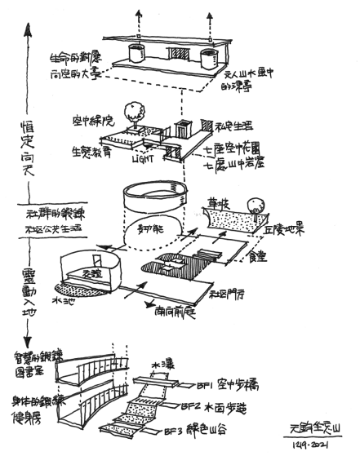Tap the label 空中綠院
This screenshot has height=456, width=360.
tap(92, 116)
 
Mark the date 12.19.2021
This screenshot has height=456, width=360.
tap(306, 447)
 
